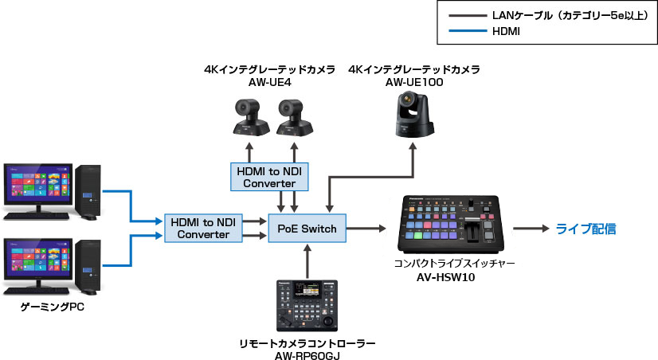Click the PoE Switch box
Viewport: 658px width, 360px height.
click(307, 229)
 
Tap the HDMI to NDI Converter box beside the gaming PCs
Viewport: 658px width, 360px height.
click(203, 228)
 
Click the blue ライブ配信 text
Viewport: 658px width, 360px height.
click(586, 229)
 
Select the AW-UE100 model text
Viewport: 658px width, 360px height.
click(413, 82)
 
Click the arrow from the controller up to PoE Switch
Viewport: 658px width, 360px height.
click(307, 259)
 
